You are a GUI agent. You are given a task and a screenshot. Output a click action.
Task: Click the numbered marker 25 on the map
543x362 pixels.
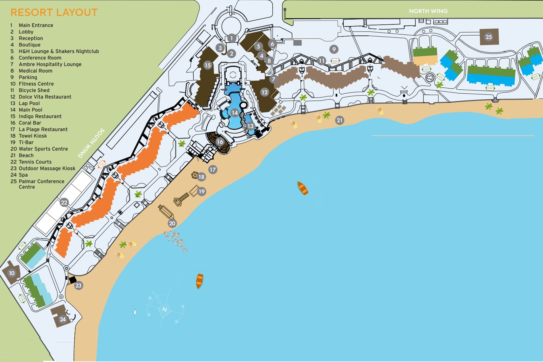(488, 37)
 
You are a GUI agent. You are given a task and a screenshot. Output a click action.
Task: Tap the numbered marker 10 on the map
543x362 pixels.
(12, 273)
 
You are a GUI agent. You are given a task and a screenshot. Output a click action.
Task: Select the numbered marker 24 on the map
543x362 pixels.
(63, 319)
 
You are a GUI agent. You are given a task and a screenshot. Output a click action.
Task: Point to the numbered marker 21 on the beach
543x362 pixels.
(339, 120)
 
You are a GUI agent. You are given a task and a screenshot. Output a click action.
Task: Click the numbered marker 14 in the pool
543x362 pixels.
(234, 113)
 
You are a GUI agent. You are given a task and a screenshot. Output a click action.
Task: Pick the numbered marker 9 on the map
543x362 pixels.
(334, 49)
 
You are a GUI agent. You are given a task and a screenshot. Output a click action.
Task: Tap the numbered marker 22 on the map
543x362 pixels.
(64, 202)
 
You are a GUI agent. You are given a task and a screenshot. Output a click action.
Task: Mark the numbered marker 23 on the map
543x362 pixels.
(78, 285)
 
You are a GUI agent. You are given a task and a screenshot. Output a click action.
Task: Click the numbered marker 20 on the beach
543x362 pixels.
(172, 223)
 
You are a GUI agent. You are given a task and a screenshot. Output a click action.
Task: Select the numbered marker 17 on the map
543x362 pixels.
(213, 169)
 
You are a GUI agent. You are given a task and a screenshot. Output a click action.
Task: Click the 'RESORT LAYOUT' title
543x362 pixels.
(54, 12)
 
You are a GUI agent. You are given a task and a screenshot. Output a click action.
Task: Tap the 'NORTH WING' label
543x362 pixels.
(428, 11)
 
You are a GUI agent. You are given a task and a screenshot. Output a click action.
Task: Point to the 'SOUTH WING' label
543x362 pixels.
(91, 143)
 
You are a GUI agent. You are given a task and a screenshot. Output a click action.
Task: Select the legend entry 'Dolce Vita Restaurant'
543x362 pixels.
(45, 97)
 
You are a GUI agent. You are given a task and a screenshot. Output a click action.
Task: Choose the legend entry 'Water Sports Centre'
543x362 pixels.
(43, 149)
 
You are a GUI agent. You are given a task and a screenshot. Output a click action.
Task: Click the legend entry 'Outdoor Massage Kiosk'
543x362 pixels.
(47, 168)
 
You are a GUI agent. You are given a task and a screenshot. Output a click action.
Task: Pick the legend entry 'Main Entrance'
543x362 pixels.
(36, 25)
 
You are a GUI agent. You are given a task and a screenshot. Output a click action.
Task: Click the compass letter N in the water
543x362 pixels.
(165, 309)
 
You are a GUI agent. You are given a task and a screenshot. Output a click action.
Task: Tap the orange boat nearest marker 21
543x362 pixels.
(303, 188)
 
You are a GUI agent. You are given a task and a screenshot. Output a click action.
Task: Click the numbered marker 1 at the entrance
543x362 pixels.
(232, 38)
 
